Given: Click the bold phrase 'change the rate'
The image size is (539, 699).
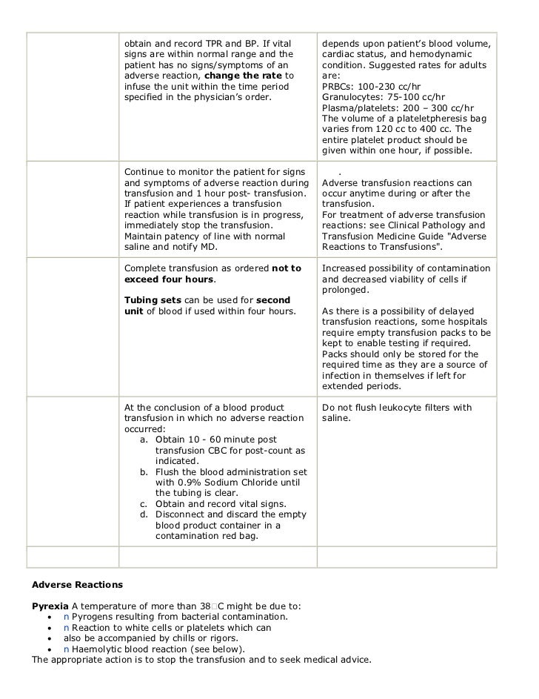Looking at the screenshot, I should [x=243, y=76].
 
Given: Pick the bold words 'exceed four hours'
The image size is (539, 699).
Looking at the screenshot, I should [x=170, y=279].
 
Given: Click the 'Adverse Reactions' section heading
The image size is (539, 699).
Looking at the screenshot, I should [x=73, y=584].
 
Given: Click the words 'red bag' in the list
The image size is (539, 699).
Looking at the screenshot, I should [x=238, y=536].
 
